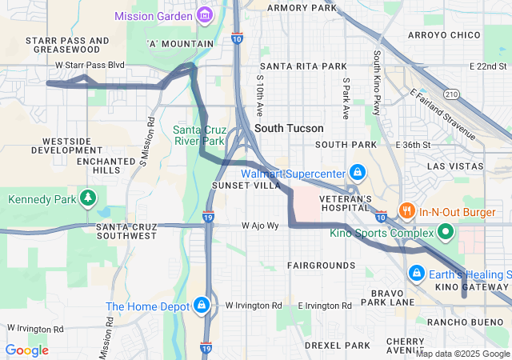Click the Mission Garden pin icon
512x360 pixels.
coord(206,15)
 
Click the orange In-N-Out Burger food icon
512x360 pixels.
coord(407,211)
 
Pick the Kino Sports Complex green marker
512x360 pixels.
coord(446,234)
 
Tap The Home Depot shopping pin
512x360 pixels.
coord(202,306)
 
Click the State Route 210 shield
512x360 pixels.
coord(451,94)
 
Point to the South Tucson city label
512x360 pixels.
coord(289,128)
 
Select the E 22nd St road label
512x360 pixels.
coord(489,66)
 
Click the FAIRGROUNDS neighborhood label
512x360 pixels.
coord(321,265)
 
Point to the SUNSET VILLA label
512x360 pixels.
coord(246,185)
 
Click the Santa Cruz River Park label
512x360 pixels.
coord(200,135)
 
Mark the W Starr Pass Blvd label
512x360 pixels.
coord(90,65)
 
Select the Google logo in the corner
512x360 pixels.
coord(26,350)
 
